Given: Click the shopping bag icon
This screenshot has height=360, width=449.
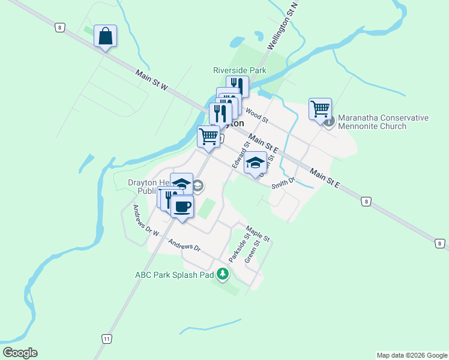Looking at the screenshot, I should pyautogui.click(x=105, y=36).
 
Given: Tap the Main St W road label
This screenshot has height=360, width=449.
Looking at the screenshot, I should pyautogui.click(x=151, y=83).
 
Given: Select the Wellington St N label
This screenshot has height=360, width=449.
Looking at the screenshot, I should pyautogui.click(x=283, y=28).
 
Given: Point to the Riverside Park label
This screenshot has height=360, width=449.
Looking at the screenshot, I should pyautogui.click(x=240, y=70).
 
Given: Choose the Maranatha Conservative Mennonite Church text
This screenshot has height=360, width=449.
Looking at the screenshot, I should pyautogui.click(x=383, y=122).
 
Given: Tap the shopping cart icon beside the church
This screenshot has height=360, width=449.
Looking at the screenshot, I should pyautogui.click(x=321, y=109).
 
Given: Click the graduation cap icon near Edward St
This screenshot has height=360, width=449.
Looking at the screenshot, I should pyautogui.click(x=255, y=163).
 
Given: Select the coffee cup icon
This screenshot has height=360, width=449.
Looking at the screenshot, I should pyautogui.click(x=182, y=207).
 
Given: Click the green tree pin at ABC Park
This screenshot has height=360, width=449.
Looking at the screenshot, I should pyautogui.click(x=223, y=275).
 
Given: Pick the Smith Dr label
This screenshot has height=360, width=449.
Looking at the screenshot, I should pyautogui.click(x=283, y=182).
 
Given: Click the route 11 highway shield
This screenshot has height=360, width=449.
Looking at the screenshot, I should pyautogui.click(x=106, y=339).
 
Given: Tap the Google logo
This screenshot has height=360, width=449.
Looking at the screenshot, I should pyautogui.click(x=20, y=353).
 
